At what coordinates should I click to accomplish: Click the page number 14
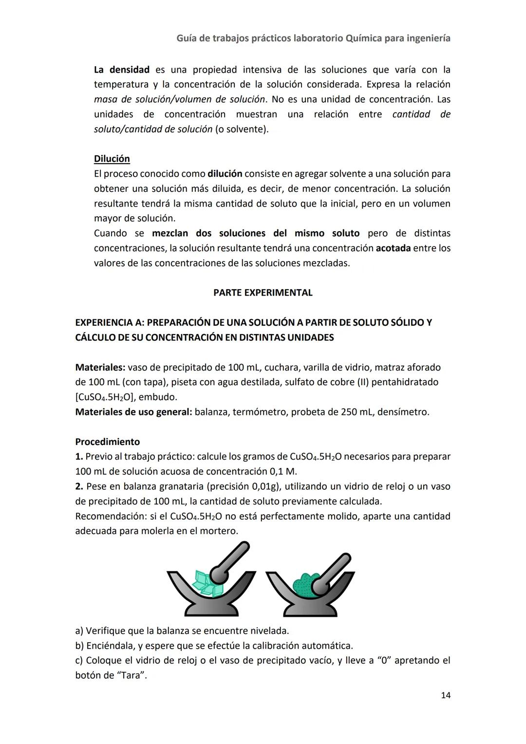click(x=445, y=695)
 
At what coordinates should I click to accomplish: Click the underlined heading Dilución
click(x=112, y=159)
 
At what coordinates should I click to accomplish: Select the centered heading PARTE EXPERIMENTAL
click(x=263, y=293)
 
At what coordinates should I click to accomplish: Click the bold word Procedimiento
click(x=107, y=442)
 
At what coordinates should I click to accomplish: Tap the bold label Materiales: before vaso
click(x=100, y=367)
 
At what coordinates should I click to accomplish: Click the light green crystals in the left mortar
click(x=205, y=583)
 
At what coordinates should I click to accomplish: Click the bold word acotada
click(x=393, y=248)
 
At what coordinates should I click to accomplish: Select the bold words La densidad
click(x=121, y=70)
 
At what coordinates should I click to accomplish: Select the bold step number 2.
click(x=79, y=486)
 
